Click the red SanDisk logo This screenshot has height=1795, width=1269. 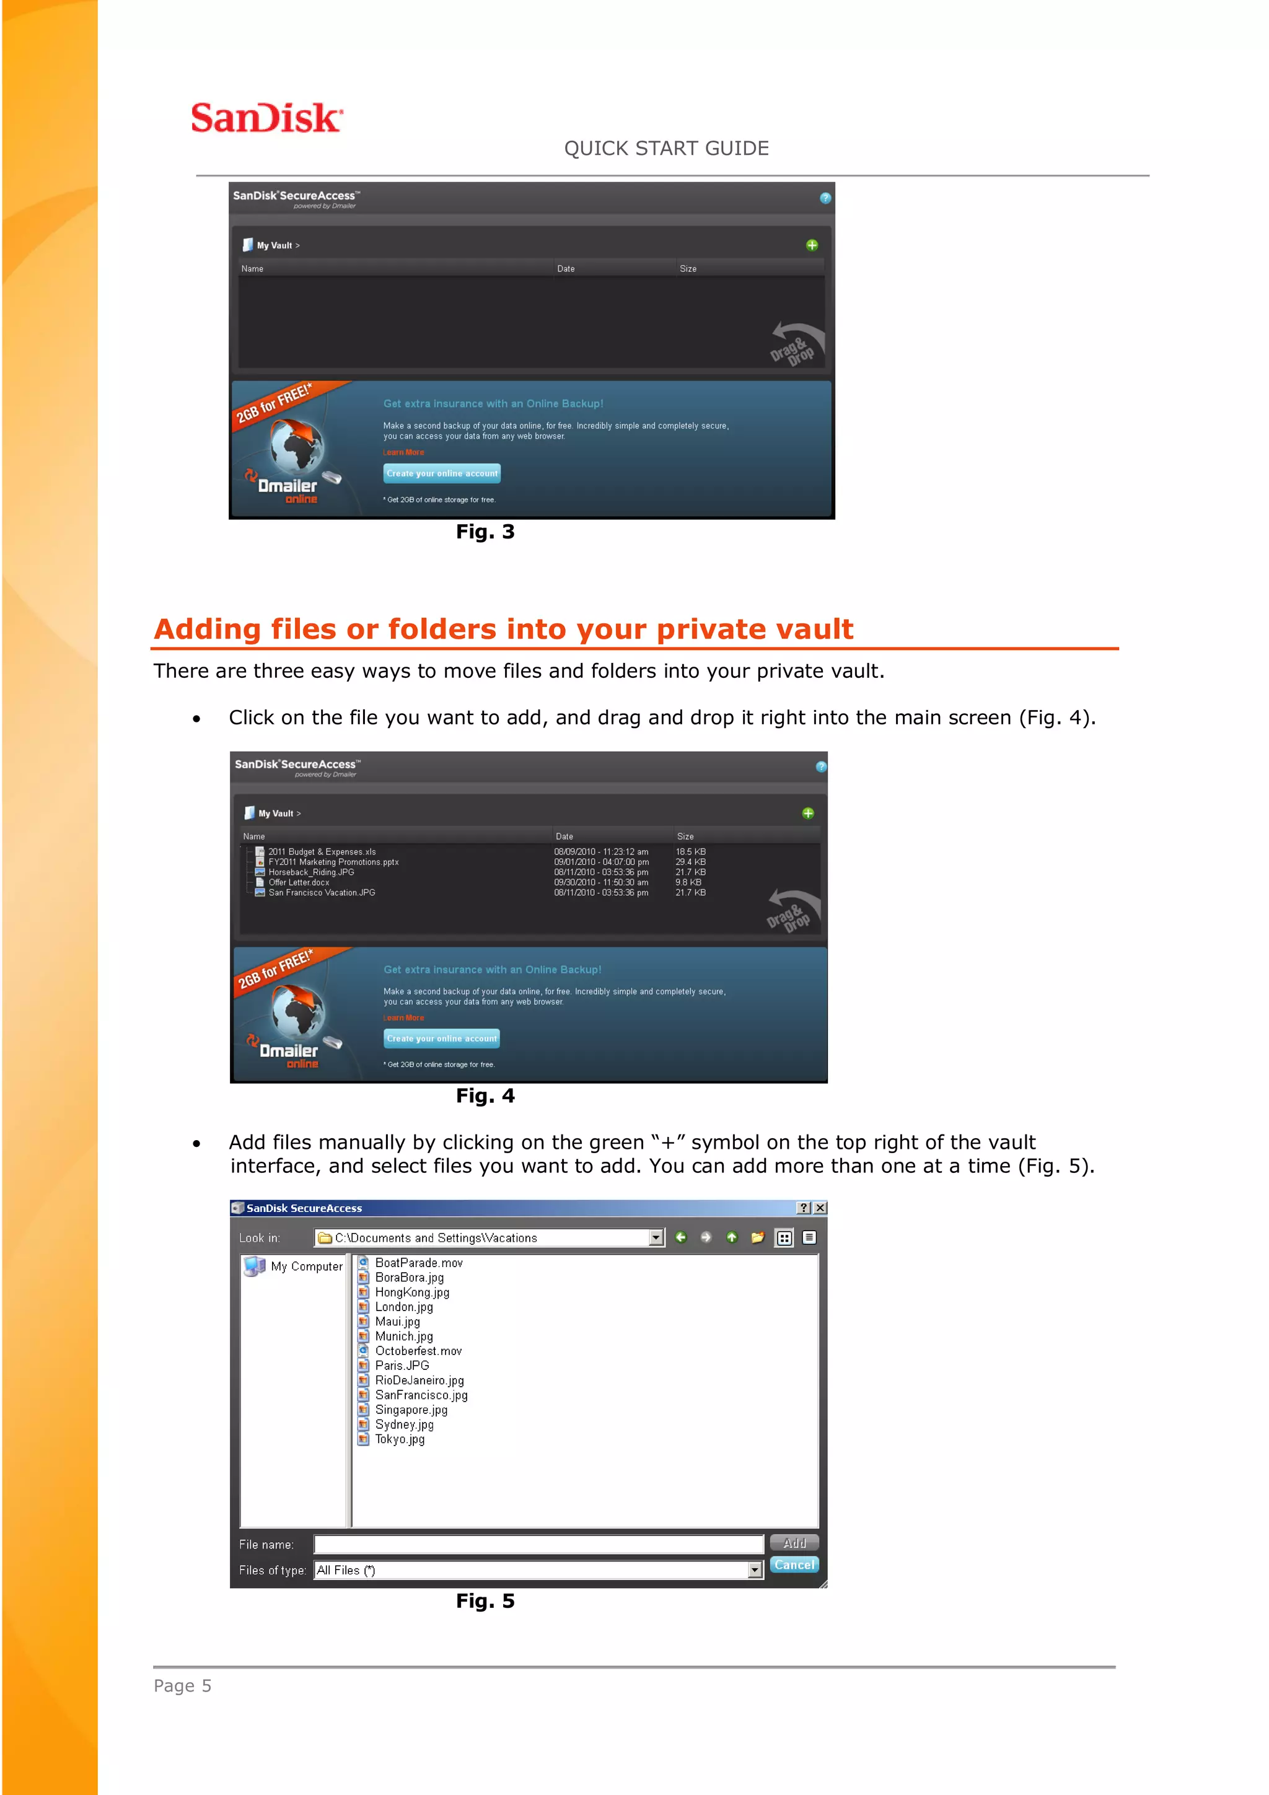[266, 118]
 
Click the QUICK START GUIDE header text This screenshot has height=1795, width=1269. [666, 149]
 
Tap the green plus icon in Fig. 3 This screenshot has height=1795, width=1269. [812, 245]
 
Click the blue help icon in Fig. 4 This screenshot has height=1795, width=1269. [820, 766]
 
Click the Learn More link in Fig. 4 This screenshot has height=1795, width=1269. [403, 1018]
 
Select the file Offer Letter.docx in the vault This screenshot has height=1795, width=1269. [299, 883]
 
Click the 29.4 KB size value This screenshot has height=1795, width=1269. [690, 862]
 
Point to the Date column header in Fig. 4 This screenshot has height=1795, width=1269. [564, 836]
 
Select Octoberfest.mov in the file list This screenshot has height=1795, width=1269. [418, 1351]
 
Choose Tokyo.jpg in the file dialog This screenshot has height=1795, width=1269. [400, 1439]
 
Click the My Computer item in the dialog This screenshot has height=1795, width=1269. [305, 1266]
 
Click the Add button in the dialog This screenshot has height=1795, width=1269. [794, 1543]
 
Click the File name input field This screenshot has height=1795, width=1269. [538, 1545]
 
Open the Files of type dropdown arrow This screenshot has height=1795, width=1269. [755, 1570]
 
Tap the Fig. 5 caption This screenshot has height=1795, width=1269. [485, 1601]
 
